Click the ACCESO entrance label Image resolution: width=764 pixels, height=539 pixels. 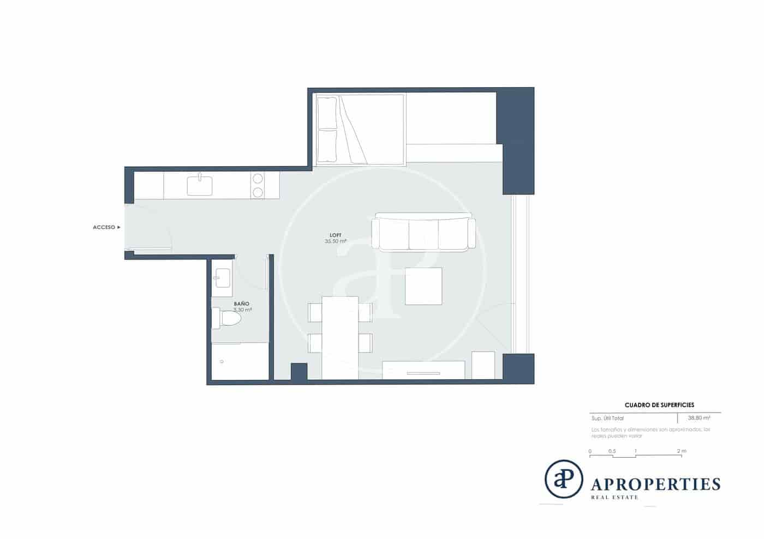point(104,227)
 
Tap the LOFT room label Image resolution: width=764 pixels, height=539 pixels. point(335,235)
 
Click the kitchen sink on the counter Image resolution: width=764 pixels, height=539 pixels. point(200,185)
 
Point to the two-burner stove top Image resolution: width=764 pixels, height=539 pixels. point(258,185)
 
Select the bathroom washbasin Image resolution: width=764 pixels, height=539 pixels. point(222,277)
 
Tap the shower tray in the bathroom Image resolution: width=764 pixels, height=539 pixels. point(240,361)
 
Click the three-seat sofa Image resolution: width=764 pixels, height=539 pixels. point(423,234)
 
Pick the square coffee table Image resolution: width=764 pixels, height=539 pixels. point(423,286)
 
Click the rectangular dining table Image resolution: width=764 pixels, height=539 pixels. point(340,337)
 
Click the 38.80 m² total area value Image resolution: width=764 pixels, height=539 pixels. point(699,418)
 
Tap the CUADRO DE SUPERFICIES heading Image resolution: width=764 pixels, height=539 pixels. point(659,405)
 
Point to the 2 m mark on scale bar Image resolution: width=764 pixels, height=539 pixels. point(682,451)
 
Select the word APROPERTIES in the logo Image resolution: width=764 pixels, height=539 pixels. point(656,483)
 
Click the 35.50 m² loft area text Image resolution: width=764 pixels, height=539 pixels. point(336,241)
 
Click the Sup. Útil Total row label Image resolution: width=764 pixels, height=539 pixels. point(607,419)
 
